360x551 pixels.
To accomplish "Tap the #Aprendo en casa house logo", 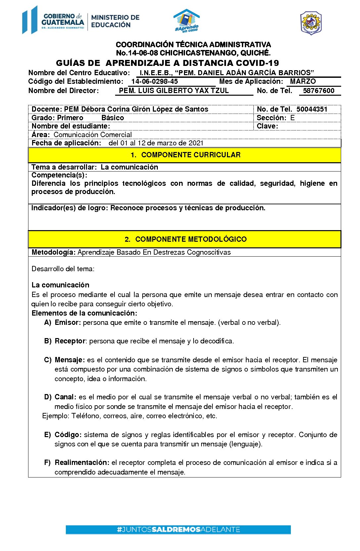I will coord(187,21).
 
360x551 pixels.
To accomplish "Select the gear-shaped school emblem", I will coord(311,23).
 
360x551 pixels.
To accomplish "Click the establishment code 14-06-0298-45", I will coord(155,81).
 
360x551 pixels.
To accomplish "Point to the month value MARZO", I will coord(303,81).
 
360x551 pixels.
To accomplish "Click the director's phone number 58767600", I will coord(319,91).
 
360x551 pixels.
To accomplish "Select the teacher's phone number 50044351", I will coord(312,109).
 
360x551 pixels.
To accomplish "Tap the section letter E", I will coord(292,118).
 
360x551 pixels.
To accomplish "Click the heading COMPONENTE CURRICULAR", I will coord(191,155).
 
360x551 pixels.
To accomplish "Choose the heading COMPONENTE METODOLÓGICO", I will coord(191,239).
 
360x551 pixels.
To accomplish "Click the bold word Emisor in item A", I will coord(67,323).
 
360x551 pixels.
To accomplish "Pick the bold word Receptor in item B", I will coord(70,341).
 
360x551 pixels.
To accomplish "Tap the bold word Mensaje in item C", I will coord(69,360).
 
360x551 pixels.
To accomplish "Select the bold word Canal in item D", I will coord(65,397).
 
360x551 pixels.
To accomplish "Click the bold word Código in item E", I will coord(68,435).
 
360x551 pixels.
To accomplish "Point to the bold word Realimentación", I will coord(82,463).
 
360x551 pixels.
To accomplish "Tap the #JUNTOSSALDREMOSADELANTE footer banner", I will coord(178,529).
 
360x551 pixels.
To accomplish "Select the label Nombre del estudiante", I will coord(70,126).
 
